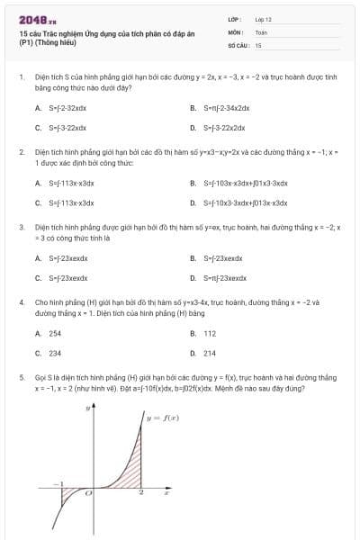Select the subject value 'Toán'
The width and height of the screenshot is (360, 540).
click(261, 31)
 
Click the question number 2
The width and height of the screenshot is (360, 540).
click(21, 153)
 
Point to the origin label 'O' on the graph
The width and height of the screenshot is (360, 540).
click(87, 493)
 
